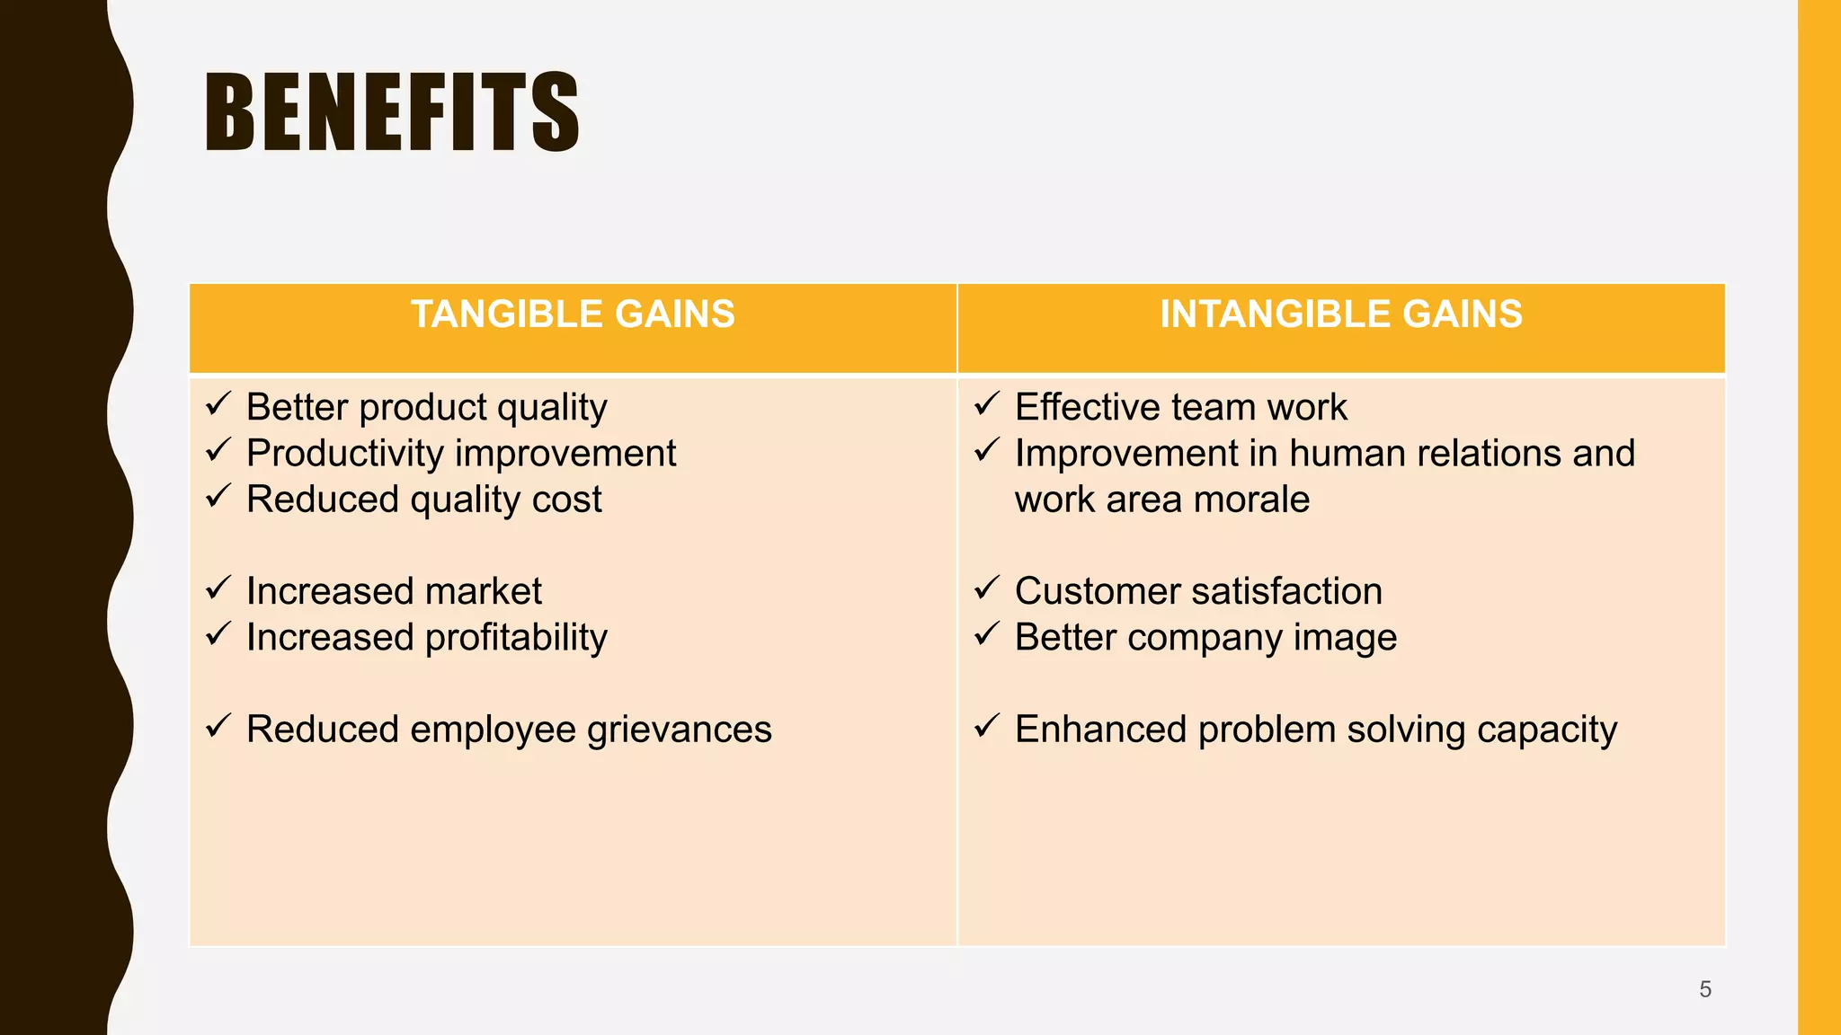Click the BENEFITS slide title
tap(392, 112)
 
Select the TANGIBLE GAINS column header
tap(573, 314)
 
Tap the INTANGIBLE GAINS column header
tap(1340, 314)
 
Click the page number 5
tap(1704, 989)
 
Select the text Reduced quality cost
tap(423, 500)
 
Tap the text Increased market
tap(394, 591)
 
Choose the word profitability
tap(516, 638)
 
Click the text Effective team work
tap(1180, 408)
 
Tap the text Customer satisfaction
tap(1198, 591)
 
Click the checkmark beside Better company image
tap(987, 633)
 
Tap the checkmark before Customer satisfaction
tap(987, 588)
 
